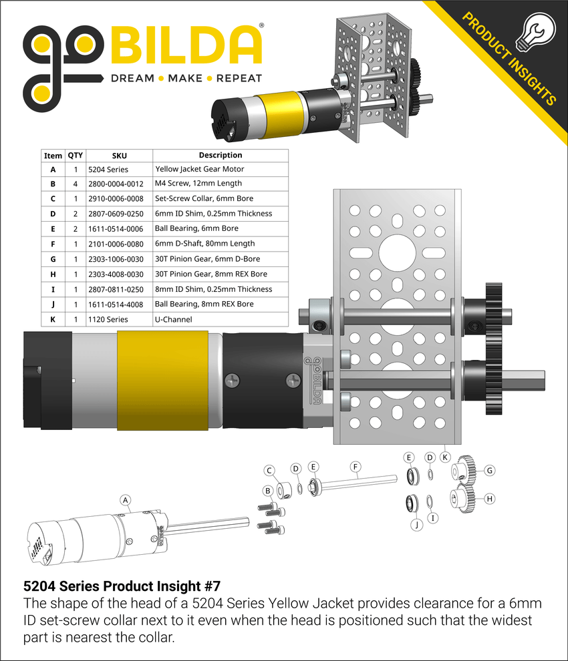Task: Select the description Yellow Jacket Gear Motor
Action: click(199, 169)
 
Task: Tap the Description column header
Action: click(221, 155)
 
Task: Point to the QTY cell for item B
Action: click(76, 184)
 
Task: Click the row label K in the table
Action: click(53, 320)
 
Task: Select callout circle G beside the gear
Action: click(490, 471)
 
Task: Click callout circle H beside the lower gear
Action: click(490, 498)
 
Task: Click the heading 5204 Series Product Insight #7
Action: click(122, 586)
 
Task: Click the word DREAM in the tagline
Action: click(132, 78)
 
